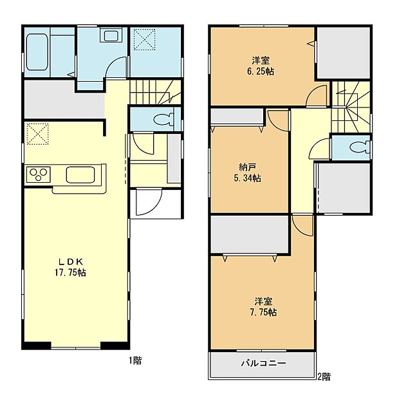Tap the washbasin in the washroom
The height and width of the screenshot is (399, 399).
click(x=110, y=37)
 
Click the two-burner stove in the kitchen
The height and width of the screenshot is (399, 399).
click(x=37, y=173)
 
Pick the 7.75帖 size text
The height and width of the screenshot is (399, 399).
click(x=264, y=312)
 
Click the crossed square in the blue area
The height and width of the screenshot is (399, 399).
click(x=144, y=40)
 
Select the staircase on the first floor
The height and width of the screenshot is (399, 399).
click(x=155, y=93)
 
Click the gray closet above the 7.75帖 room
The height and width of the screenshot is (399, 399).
click(x=249, y=236)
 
